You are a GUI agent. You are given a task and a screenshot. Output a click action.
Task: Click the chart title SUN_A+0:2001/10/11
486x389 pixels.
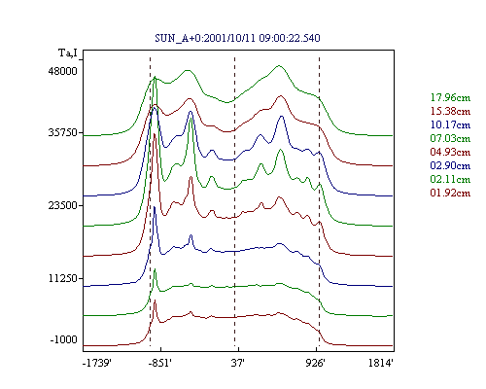206,38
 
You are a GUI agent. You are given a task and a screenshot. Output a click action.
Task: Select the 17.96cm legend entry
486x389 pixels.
450,97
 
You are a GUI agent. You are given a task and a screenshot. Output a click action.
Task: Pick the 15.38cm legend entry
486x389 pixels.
450,111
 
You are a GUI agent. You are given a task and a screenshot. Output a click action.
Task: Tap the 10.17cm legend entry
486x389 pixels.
450,124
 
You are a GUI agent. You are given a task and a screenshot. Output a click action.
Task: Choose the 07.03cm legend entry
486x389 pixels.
450,138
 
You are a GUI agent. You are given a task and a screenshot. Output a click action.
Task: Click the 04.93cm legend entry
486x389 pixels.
450,152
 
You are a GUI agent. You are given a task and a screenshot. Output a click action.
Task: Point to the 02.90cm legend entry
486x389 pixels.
450,165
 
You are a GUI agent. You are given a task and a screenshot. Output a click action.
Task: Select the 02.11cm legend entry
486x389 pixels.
450,179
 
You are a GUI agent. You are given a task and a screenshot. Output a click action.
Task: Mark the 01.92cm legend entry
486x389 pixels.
450,193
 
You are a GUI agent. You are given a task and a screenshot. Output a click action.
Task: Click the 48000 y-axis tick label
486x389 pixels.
63,71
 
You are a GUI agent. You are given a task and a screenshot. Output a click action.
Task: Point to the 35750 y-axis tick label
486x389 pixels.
63,132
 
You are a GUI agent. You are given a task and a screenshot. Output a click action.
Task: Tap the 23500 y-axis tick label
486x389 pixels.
63,205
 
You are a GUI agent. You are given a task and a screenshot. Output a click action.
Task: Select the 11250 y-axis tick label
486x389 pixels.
63,278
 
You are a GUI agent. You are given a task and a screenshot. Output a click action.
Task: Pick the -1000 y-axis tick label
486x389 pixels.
64,339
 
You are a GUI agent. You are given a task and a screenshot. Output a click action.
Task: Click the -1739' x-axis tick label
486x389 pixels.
97,363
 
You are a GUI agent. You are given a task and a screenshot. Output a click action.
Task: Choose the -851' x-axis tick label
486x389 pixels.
159,363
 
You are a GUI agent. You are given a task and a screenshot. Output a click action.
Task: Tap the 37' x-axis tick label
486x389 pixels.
237,363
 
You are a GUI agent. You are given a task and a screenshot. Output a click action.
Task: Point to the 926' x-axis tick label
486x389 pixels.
315,363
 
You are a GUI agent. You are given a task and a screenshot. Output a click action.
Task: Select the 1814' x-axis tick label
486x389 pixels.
381,363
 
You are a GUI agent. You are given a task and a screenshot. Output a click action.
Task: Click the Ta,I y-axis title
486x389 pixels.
68,53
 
